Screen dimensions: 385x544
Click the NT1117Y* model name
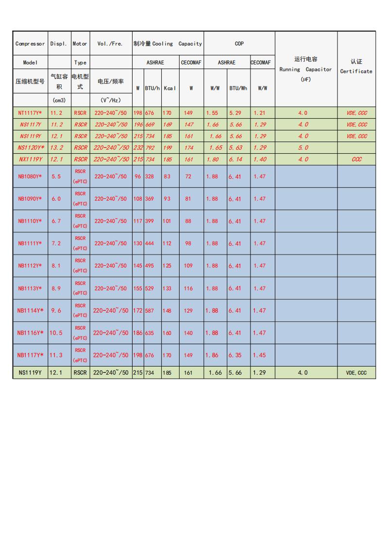[30, 113]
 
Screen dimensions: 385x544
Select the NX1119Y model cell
[30, 159]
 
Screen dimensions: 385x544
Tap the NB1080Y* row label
[30, 176]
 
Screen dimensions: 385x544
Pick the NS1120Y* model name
[30, 147]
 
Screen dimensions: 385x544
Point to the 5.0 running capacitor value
[303, 147]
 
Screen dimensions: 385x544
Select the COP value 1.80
[212, 159]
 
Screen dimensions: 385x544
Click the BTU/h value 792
[150, 147]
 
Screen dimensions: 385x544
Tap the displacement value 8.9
[56, 288]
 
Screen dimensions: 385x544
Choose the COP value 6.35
[235, 355]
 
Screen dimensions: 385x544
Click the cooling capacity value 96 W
[138, 176]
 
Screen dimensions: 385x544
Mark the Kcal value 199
[167, 147]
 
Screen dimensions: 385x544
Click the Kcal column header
[170, 88]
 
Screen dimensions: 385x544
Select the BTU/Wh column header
[238, 88]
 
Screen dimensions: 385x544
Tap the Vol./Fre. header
[110, 44]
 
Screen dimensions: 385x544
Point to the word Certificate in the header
[356, 71]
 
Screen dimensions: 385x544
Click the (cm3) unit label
[59, 100]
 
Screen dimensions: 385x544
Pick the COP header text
[239, 44]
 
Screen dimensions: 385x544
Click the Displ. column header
[59, 44]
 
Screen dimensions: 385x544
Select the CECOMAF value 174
[189, 147]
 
